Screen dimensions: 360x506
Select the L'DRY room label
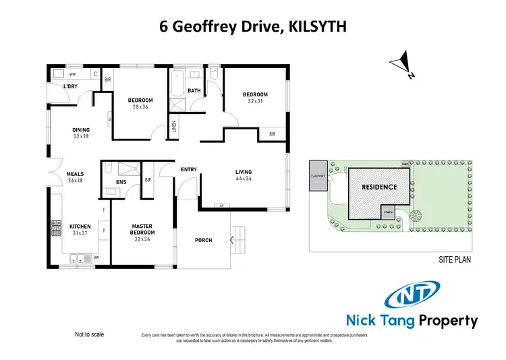(x=70, y=87)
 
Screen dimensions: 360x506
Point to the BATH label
(x=194, y=90)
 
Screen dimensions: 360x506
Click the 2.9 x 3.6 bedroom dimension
(x=140, y=107)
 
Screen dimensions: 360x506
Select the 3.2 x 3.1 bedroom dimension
(x=256, y=102)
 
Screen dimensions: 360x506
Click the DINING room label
(x=82, y=129)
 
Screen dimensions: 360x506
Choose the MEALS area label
(x=75, y=173)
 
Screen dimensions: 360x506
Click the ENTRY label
(x=188, y=169)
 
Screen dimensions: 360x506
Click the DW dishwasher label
(x=96, y=256)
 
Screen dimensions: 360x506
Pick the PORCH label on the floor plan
(x=203, y=240)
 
